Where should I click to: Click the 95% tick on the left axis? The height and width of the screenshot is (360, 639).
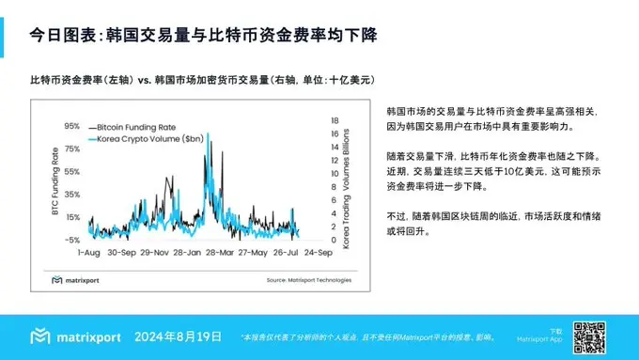71,125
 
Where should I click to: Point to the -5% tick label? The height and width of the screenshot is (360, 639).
71,239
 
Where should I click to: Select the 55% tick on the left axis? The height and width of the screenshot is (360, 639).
71,171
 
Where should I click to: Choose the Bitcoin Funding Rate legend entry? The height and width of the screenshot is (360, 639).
142,126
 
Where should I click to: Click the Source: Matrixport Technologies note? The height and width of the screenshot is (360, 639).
308,279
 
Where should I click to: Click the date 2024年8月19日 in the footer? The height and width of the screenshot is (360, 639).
179,337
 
